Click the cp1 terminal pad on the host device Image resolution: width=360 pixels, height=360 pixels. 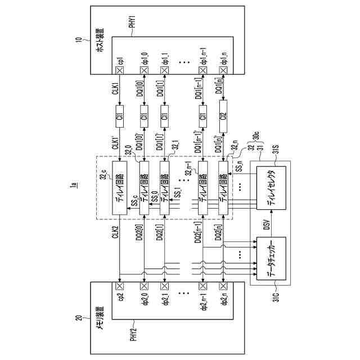(119, 70)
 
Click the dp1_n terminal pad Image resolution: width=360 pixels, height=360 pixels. (223, 70)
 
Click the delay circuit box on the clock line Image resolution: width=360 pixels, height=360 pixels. (119, 188)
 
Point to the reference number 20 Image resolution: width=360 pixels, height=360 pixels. (79, 319)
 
